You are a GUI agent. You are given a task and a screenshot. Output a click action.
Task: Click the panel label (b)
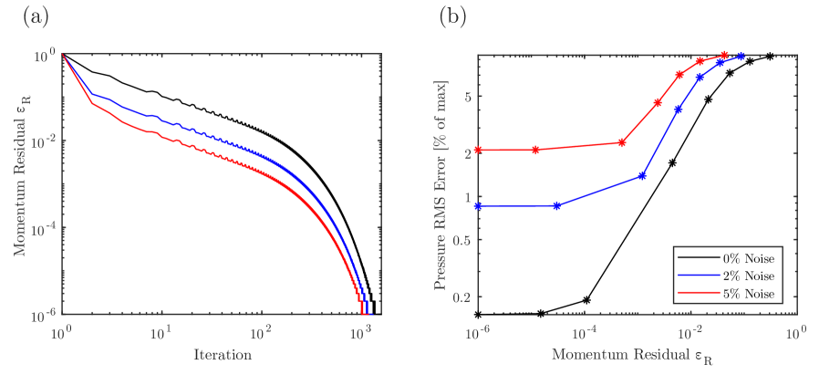[454, 17]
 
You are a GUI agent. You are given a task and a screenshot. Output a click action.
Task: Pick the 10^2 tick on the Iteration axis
[261, 330]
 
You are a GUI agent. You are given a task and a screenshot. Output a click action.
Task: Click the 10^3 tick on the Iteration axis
[361, 330]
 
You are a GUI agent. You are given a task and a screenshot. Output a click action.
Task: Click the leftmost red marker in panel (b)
[478, 150]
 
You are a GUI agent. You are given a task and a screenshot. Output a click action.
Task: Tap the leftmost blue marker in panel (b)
[478, 206]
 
